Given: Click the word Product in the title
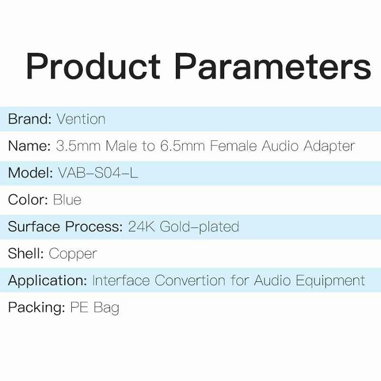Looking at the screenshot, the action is pyautogui.click(x=93, y=66).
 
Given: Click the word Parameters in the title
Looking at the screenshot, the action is pyautogui.click(x=273, y=66).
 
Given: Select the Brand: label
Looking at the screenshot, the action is pyautogui.click(x=29, y=119).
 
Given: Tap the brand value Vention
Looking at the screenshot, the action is pyautogui.click(x=81, y=119).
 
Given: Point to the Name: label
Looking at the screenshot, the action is pyautogui.click(x=29, y=146).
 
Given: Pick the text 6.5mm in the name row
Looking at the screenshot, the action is pyautogui.click(x=183, y=146).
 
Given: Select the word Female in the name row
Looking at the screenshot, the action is pyautogui.click(x=233, y=146).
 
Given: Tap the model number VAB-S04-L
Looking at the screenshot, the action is pyautogui.click(x=97, y=173).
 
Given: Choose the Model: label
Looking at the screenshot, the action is pyautogui.click(x=30, y=173).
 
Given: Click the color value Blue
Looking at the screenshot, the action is pyautogui.click(x=67, y=200).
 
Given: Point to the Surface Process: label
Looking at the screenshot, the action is pyautogui.click(x=65, y=227).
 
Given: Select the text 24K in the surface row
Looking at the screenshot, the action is pyautogui.click(x=142, y=227).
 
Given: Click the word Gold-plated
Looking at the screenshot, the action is pyautogui.click(x=200, y=228).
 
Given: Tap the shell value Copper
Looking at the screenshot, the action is pyautogui.click(x=73, y=254).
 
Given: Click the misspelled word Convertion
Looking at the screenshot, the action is pyautogui.click(x=190, y=280).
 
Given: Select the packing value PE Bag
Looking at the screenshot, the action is pyautogui.click(x=95, y=308).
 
